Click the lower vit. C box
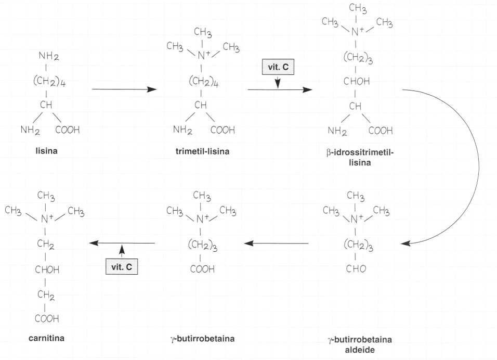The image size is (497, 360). coord(122,266)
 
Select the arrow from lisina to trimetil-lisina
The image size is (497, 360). coord(124,89)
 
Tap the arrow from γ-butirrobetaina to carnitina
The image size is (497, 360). coord(122,243)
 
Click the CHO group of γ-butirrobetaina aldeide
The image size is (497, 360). coord(356,269)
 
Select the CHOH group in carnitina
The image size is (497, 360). coord(47,269)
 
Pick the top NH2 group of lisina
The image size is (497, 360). coord(47,56)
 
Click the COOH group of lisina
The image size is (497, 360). coord(68,130)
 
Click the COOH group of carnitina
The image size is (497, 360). coord(47,318)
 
